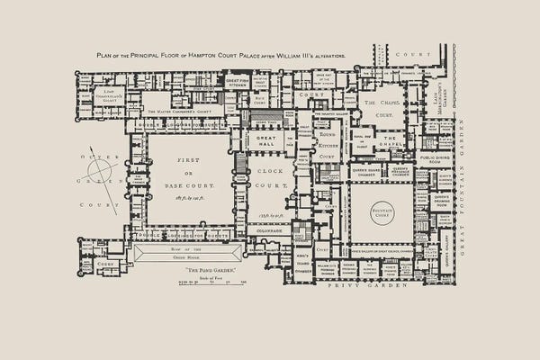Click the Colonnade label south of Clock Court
[x=273, y=229]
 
